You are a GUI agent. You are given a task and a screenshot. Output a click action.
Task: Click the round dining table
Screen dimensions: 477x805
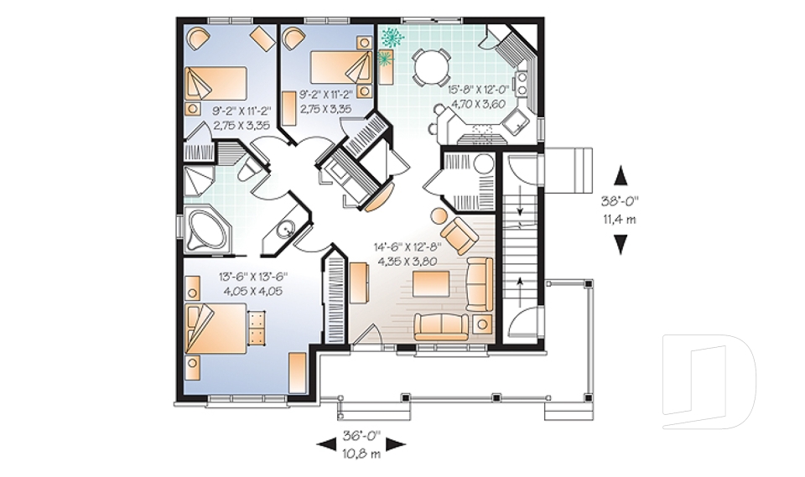pos(429,66)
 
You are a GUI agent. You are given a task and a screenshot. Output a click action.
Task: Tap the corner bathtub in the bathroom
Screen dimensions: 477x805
pos(207,229)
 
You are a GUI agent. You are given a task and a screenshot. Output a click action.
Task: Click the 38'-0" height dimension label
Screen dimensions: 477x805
pos(621,202)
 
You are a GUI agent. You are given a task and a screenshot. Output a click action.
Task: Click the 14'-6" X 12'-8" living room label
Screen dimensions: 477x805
pos(406,253)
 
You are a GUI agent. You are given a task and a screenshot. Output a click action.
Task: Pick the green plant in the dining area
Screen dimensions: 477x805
pos(391,37)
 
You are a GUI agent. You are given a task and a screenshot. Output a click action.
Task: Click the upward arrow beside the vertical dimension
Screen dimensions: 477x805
pos(621,175)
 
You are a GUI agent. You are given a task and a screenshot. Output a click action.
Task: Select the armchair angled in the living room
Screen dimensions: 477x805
pos(457,234)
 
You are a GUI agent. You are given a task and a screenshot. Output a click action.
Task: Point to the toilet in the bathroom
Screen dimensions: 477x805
pos(249,170)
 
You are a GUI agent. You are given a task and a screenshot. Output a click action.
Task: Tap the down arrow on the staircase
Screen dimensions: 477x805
pos(521,210)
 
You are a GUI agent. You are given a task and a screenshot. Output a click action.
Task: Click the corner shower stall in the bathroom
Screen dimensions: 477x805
pos(199,181)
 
